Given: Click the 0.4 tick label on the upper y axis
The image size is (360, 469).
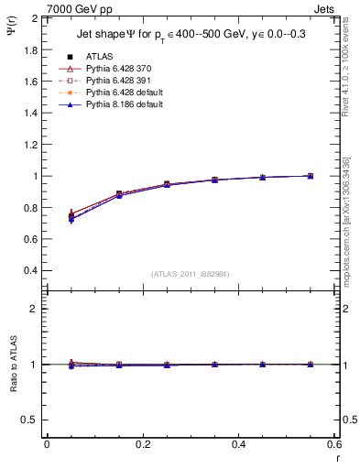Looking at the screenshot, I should pyautogui.click(x=30, y=271).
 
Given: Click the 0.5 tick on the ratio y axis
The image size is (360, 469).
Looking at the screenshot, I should pyautogui.click(x=30, y=420).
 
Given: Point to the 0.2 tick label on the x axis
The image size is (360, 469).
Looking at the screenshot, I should pyautogui.click(x=143, y=444).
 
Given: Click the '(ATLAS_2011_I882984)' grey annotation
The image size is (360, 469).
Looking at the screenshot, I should pyautogui.click(x=190, y=274).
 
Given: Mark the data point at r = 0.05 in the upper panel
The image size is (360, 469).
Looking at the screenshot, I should pyautogui.click(x=71, y=216).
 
